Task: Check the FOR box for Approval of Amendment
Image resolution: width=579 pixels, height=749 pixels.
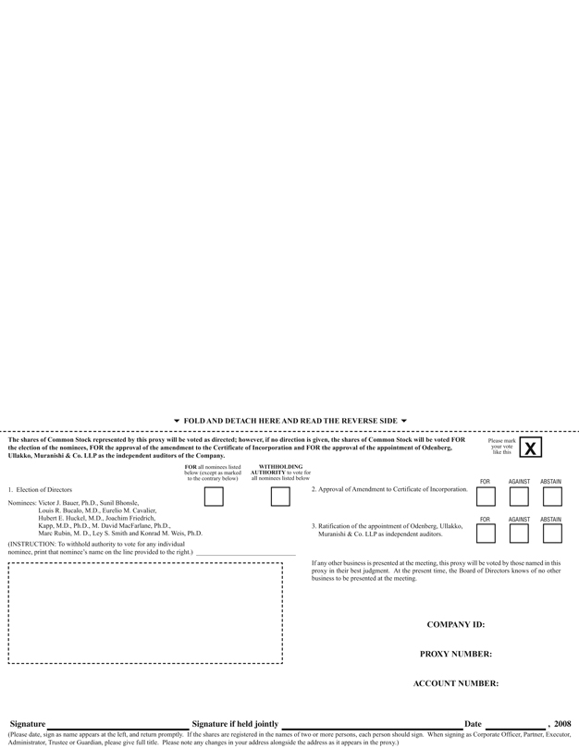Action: [x=486, y=497]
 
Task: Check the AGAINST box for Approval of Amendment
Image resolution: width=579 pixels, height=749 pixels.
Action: [x=519, y=497]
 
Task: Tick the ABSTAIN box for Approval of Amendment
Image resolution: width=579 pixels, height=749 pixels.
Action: [x=552, y=497]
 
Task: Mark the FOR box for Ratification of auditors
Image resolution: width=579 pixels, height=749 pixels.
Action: [x=486, y=534]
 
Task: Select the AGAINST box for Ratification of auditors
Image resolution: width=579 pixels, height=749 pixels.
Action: [x=519, y=534]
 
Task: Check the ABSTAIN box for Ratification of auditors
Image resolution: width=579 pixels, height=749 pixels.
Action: [x=552, y=534]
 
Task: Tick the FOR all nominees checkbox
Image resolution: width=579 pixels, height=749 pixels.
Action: [x=214, y=497]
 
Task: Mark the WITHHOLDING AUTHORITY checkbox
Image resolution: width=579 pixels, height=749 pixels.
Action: [x=280, y=497]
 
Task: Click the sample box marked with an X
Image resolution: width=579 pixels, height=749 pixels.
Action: [x=530, y=448]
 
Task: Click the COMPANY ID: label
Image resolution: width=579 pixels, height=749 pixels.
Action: [x=455, y=624]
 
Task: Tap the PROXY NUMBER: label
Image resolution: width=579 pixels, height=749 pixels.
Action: [x=455, y=654]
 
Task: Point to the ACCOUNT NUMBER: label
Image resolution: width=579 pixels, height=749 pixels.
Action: [x=455, y=683]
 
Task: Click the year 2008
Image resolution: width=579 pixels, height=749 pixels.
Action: [x=562, y=724]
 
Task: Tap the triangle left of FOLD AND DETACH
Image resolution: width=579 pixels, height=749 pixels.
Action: [x=177, y=421]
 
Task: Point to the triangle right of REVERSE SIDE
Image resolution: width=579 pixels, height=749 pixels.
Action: [x=404, y=421]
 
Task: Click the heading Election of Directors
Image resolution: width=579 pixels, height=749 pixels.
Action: [x=43, y=489]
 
